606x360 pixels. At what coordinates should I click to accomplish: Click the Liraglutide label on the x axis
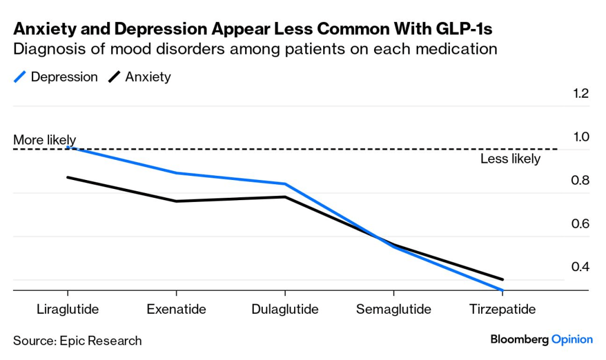point(67,310)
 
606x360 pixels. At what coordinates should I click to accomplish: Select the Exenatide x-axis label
point(176,310)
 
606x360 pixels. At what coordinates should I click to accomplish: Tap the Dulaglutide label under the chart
point(285,310)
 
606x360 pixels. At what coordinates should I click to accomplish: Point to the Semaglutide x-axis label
point(394,310)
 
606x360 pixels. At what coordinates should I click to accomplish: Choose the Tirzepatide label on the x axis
point(502,310)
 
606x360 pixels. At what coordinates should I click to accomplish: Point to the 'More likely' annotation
point(44,140)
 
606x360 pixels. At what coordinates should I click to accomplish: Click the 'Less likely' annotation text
point(510,159)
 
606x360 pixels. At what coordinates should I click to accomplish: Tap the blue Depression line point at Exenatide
point(176,173)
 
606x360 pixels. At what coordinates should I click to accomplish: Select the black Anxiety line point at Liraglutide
point(67,177)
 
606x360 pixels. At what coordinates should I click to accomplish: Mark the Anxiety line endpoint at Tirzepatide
point(502,279)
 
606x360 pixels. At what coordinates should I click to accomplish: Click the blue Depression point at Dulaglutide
point(285,184)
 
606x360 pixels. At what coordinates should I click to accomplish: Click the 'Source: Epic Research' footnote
point(78,341)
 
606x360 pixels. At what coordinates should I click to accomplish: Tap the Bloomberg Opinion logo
point(541,339)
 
